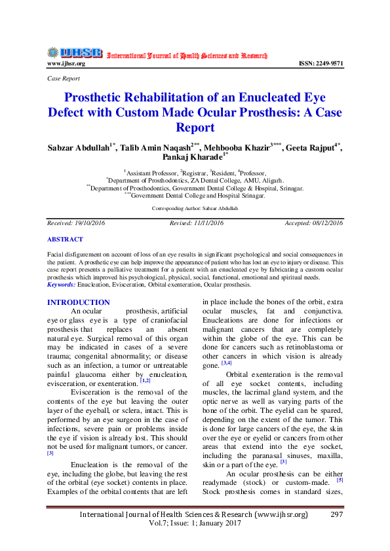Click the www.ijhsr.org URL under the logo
pyautogui.click(x=66, y=63)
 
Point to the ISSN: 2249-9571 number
pyautogui.click(x=321, y=63)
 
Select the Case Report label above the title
pyautogui.click(x=64, y=79)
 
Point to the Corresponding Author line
pyautogui.click(x=195, y=207)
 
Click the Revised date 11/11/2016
pyautogui.click(x=197, y=223)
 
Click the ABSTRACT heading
pyautogui.click(x=66, y=240)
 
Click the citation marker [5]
pyautogui.click(x=340, y=480)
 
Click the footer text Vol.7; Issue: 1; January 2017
pyautogui.click(x=194, y=524)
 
